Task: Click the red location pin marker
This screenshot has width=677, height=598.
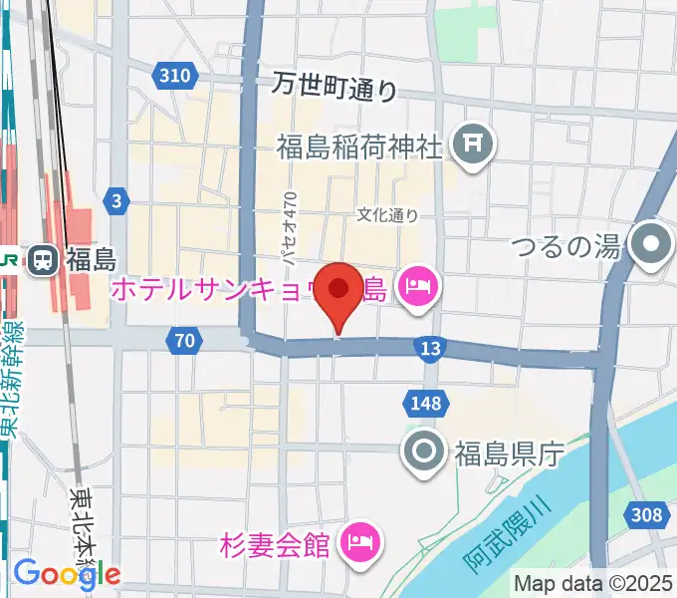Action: point(339,292)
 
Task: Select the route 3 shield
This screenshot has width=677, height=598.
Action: point(117,202)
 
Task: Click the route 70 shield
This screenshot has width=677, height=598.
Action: point(183,341)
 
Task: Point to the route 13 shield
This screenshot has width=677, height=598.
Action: point(430,348)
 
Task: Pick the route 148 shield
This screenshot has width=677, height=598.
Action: point(418,402)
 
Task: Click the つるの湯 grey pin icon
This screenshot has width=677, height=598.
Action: point(653,243)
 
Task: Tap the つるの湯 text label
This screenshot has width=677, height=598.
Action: point(567,244)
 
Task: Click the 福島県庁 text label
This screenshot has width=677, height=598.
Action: point(509,454)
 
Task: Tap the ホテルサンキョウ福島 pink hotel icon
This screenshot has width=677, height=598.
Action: point(413,289)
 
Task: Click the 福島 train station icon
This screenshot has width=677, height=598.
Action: point(42,261)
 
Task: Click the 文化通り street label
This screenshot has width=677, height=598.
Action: point(388,214)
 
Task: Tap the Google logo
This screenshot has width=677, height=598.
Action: point(67,574)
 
